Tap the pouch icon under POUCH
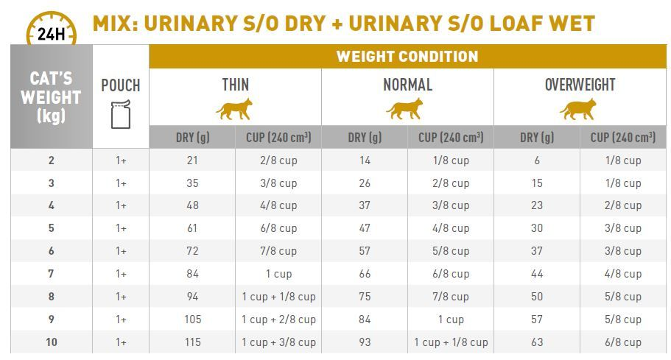tap(121, 114)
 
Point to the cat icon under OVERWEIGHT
tap(578, 110)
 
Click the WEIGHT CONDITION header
tap(407, 57)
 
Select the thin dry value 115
tap(192, 342)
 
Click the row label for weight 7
tap(51, 274)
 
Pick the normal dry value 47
tap(364, 228)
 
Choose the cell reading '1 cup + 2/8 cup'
tap(278, 320)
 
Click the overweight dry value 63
tap(537, 342)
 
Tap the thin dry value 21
tap(192, 160)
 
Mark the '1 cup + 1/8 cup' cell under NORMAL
tap(451, 342)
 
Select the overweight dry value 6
tap(537, 160)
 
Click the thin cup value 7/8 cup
tap(278, 251)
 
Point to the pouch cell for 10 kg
tap(121, 342)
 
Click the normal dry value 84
tap(364, 320)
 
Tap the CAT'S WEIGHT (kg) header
tap(51, 96)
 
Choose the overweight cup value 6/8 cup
tap(622, 342)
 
